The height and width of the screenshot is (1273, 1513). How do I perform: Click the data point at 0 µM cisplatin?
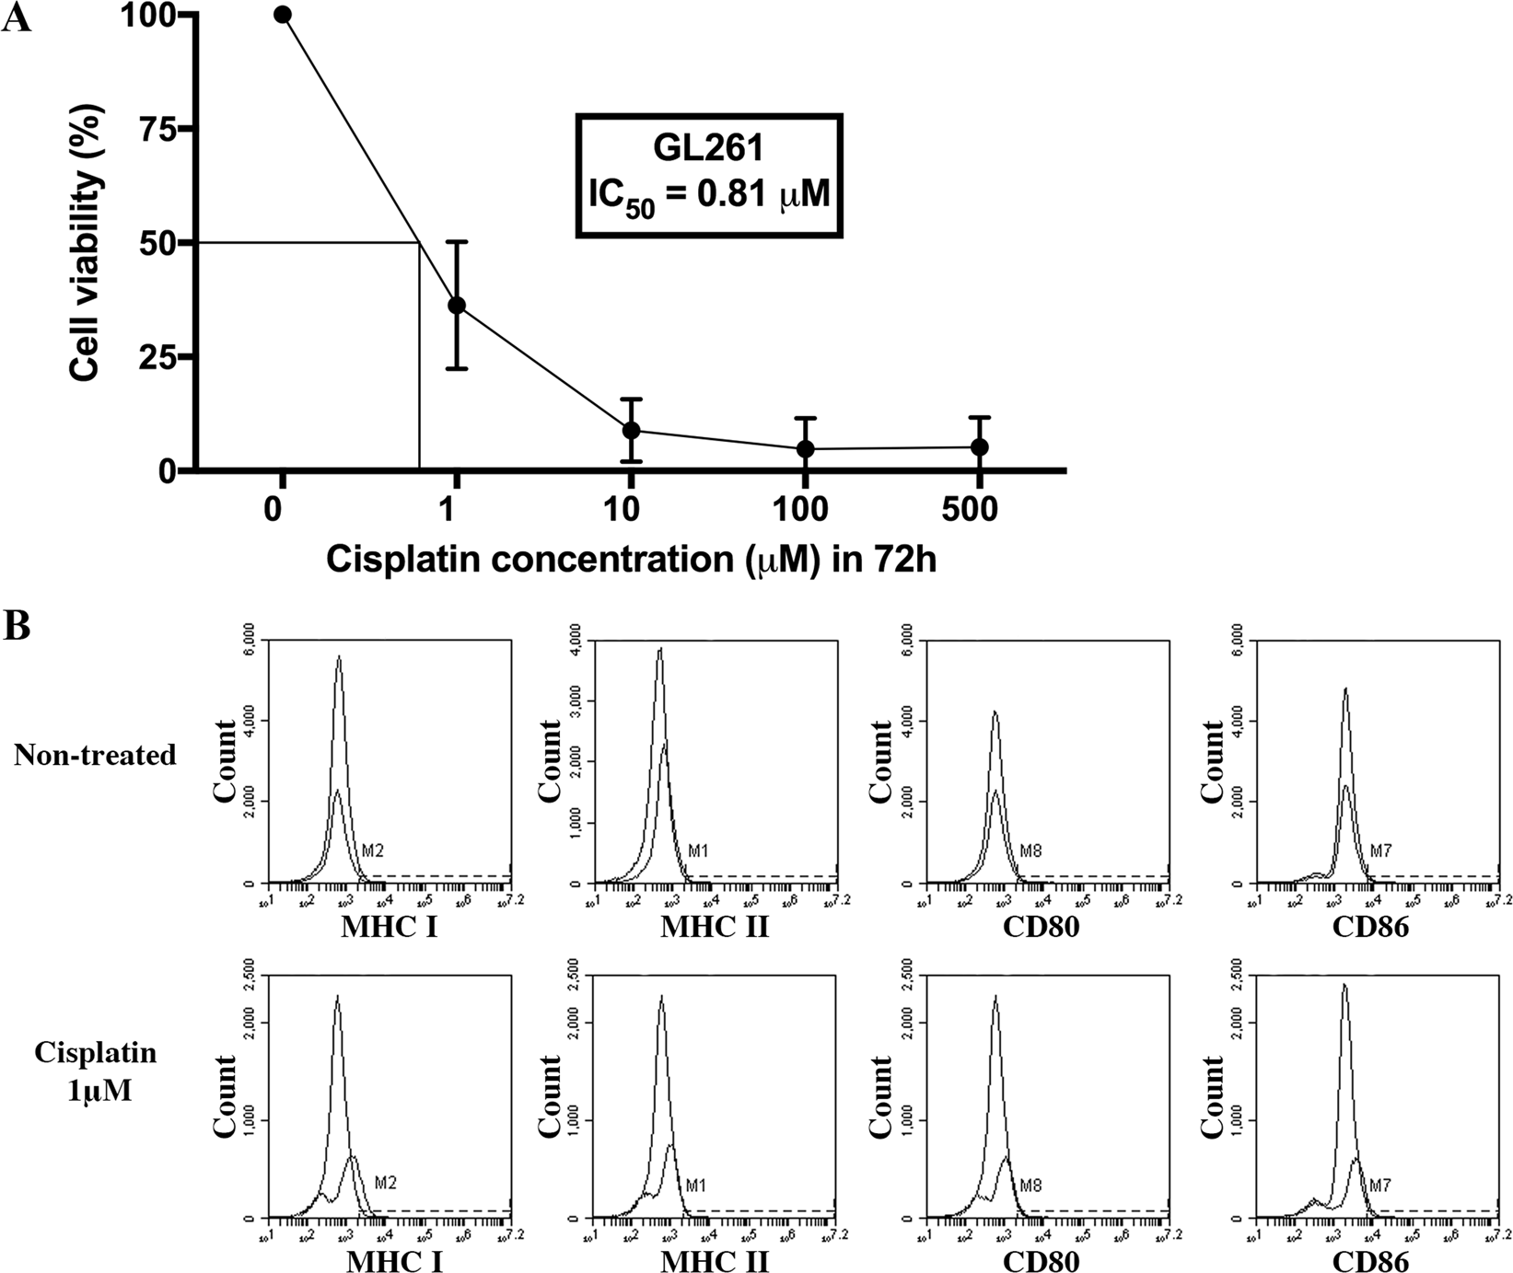(x=283, y=15)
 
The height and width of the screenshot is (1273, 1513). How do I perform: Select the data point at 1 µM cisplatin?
(x=457, y=306)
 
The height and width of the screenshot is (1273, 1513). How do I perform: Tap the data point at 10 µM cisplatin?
(x=631, y=430)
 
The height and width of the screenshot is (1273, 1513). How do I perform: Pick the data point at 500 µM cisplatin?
(x=980, y=447)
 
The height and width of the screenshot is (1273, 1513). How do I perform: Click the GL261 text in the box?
(x=709, y=150)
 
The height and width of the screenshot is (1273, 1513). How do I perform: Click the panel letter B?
(x=17, y=626)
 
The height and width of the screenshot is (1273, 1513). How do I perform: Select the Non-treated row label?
(x=95, y=756)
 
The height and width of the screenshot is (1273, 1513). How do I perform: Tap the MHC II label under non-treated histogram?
(x=715, y=927)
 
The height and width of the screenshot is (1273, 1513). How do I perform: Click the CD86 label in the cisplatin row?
(x=1370, y=1261)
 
